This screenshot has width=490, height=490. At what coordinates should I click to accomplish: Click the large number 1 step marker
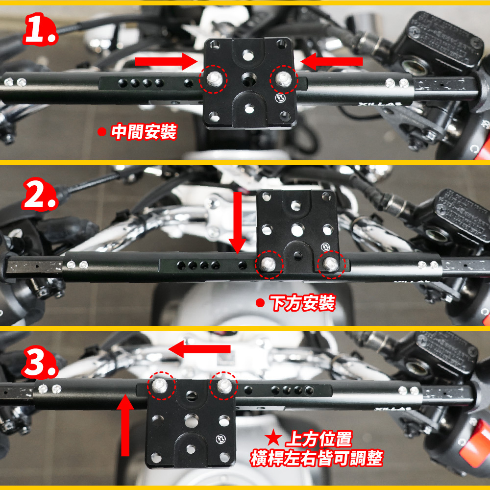(x=40, y=29)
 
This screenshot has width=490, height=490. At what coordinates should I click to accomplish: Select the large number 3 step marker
(x=40, y=362)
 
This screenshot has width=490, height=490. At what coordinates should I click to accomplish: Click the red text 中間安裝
(x=144, y=132)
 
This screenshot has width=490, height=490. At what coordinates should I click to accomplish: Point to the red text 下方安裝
(x=302, y=303)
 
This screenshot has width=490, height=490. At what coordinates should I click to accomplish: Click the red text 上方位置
(x=319, y=439)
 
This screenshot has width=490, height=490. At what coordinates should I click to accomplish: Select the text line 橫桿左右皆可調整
(x=317, y=458)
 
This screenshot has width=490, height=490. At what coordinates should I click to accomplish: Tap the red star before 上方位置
(x=273, y=438)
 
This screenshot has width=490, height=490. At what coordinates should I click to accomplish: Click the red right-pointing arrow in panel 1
(x=166, y=61)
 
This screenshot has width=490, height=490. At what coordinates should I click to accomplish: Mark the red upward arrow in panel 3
(x=125, y=425)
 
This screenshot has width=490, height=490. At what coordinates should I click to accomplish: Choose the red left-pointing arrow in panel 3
(x=199, y=349)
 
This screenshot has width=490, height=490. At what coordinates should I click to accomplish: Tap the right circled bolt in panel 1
(x=284, y=79)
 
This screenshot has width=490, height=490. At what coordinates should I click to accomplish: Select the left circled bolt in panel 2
(x=269, y=265)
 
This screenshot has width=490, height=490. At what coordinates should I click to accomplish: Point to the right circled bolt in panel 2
(x=331, y=265)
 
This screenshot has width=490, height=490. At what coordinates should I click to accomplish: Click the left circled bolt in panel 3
(x=162, y=386)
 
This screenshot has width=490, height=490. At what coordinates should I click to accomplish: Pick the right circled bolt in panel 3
(x=223, y=386)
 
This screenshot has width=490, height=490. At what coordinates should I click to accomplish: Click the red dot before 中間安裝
(x=101, y=131)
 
